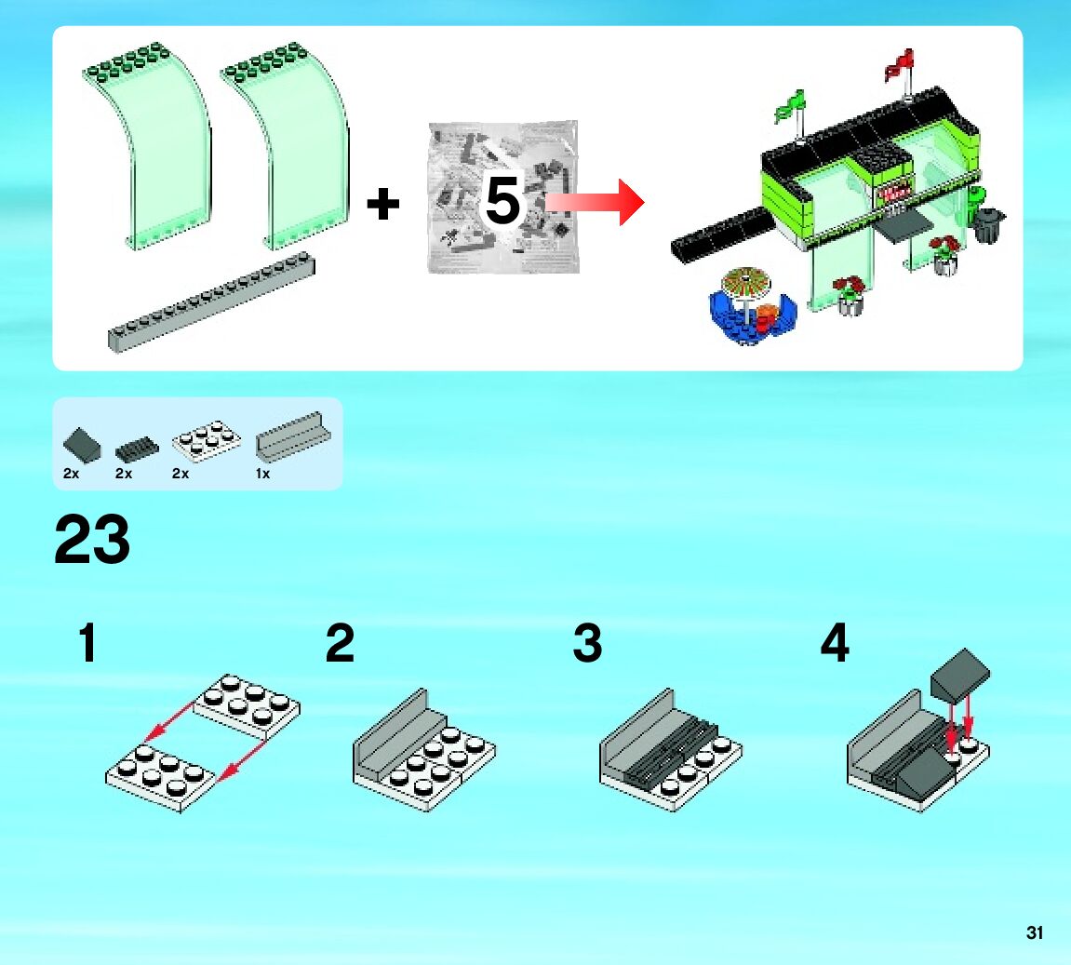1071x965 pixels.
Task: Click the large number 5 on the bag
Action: [x=502, y=202]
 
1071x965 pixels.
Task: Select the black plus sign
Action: [x=382, y=204]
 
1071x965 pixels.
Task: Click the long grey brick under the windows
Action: [x=211, y=300]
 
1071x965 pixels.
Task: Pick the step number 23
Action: [x=92, y=541]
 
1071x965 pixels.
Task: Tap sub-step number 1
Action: [x=87, y=644]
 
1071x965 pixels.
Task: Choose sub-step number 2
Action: [x=340, y=644]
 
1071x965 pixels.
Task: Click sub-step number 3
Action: [x=587, y=644]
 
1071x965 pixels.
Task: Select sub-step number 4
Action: [x=835, y=644]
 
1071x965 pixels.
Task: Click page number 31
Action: [x=1035, y=932]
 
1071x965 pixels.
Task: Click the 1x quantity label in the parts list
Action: [x=262, y=474]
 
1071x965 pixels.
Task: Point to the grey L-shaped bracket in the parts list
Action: [x=289, y=437]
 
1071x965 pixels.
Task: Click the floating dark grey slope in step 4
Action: [x=960, y=672]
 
